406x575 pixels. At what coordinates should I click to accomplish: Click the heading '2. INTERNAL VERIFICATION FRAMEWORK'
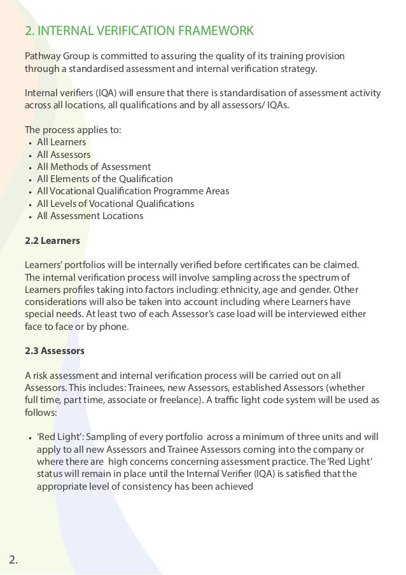(138, 31)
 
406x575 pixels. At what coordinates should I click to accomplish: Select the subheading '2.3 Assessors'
(54, 351)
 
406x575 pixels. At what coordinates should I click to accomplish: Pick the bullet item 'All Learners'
(61, 142)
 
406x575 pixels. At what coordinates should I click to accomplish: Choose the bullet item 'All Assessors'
(64, 155)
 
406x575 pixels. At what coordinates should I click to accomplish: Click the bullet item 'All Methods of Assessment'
(94, 167)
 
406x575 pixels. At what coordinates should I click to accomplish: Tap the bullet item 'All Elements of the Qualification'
(104, 179)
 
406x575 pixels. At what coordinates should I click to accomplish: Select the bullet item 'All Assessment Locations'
(90, 216)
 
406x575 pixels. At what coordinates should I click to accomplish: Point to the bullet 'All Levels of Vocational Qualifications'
(115, 204)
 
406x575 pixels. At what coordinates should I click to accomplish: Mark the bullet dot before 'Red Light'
(31, 437)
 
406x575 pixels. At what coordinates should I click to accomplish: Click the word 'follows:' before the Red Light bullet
(40, 411)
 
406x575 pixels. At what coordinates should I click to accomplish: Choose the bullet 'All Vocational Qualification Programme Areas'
(132, 191)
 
